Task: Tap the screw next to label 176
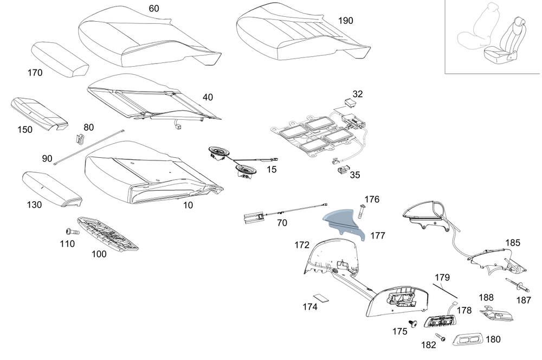[360, 210]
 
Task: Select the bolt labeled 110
[72, 232]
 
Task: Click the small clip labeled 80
[80, 140]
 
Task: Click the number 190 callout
[345, 21]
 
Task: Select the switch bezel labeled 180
[467, 340]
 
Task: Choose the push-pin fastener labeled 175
[413, 324]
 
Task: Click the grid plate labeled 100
[108, 233]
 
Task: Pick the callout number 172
[302, 245]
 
